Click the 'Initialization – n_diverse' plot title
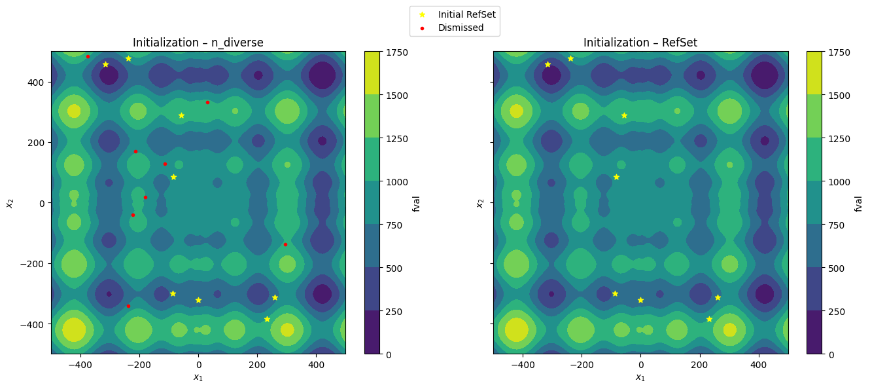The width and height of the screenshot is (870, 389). [198, 43]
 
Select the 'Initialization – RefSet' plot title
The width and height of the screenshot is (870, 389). [640, 43]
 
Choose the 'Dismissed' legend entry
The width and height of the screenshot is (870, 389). [452, 28]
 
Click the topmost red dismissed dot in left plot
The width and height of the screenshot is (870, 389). [88, 57]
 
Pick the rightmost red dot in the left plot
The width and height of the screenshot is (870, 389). [285, 245]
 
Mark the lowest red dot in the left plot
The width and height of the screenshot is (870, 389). [129, 306]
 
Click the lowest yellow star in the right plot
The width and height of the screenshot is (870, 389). [709, 320]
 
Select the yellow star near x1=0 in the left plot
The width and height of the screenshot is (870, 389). [198, 301]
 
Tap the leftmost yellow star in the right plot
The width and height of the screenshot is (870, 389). [548, 65]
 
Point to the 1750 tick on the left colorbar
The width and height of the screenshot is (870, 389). [395, 52]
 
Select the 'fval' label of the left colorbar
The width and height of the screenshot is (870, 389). [416, 204]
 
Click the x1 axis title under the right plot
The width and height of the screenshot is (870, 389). [640, 377]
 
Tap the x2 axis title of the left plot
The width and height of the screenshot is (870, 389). [10, 203]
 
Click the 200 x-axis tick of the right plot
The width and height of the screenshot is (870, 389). [700, 365]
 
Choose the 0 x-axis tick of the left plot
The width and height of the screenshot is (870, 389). [198, 365]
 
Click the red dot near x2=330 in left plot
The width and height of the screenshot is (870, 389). [208, 103]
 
